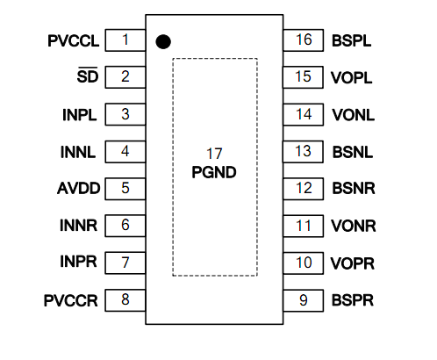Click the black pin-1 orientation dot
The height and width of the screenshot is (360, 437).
pyautogui.click(x=163, y=41)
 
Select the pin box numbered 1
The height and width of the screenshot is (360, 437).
pyautogui.click(x=125, y=40)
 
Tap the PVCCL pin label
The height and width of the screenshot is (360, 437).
pyautogui.click(x=74, y=40)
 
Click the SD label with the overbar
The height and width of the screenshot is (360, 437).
pyautogui.click(x=88, y=76)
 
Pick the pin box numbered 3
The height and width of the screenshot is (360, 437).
pyautogui.click(x=125, y=114)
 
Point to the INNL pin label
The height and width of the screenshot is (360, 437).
pyautogui.click(x=78, y=152)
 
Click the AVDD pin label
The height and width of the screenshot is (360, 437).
pyautogui.click(x=79, y=188)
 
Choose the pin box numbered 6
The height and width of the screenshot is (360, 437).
pyautogui.click(x=125, y=226)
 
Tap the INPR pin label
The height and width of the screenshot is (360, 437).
pyautogui.click(x=78, y=262)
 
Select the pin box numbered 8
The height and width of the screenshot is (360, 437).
pyautogui.click(x=125, y=300)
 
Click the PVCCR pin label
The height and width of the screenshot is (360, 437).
pyautogui.click(x=71, y=300)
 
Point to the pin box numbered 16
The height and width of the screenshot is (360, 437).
pyautogui.click(x=304, y=40)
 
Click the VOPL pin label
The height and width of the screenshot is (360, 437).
pyautogui.click(x=352, y=78)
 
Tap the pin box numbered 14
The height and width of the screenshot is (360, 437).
pyautogui.click(x=304, y=114)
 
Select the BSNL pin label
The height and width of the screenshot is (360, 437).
pyautogui.click(x=353, y=152)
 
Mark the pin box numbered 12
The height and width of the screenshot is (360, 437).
pyautogui.click(x=304, y=189)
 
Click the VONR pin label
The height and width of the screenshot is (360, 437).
pyautogui.click(x=354, y=226)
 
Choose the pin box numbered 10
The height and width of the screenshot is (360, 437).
pyautogui.click(x=304, y=263)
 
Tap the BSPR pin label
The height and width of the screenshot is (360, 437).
pyautogui.click(x=353, y=300)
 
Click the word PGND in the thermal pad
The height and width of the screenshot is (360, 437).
pyautogui.click(x=214, y=172)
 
